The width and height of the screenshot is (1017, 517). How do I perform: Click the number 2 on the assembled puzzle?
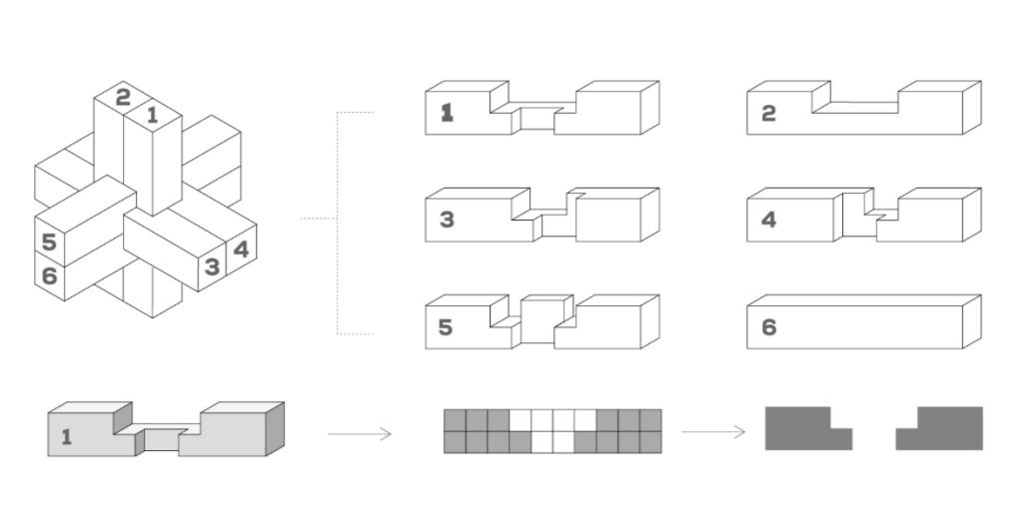(123, 97)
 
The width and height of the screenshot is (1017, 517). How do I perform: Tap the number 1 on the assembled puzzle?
(152, 115)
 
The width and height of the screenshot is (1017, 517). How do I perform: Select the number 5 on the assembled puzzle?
(49, 243)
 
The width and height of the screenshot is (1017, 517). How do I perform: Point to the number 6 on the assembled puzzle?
(49, 275)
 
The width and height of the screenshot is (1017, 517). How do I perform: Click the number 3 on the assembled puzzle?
(212, 266)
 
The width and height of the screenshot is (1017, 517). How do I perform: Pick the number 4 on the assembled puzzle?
(240, 249)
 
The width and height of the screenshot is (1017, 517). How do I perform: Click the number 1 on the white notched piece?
(447, 113)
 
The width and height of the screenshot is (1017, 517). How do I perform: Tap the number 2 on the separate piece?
(768, 113)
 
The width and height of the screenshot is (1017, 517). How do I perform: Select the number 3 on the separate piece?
(447, 220)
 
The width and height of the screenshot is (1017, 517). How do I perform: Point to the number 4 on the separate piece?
(768, 220)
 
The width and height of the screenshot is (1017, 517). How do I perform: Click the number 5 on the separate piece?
(446, 327)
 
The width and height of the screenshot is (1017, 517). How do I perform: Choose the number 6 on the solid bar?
(768, 327)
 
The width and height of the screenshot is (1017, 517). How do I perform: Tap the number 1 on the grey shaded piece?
(67, 436)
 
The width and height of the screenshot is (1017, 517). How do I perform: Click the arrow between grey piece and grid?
(360, 433)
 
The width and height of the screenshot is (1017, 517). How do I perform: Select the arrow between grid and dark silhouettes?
(713, 432)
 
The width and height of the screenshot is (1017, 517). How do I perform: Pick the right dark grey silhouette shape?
(945, 428)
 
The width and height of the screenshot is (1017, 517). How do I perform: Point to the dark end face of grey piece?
(275, 428)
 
